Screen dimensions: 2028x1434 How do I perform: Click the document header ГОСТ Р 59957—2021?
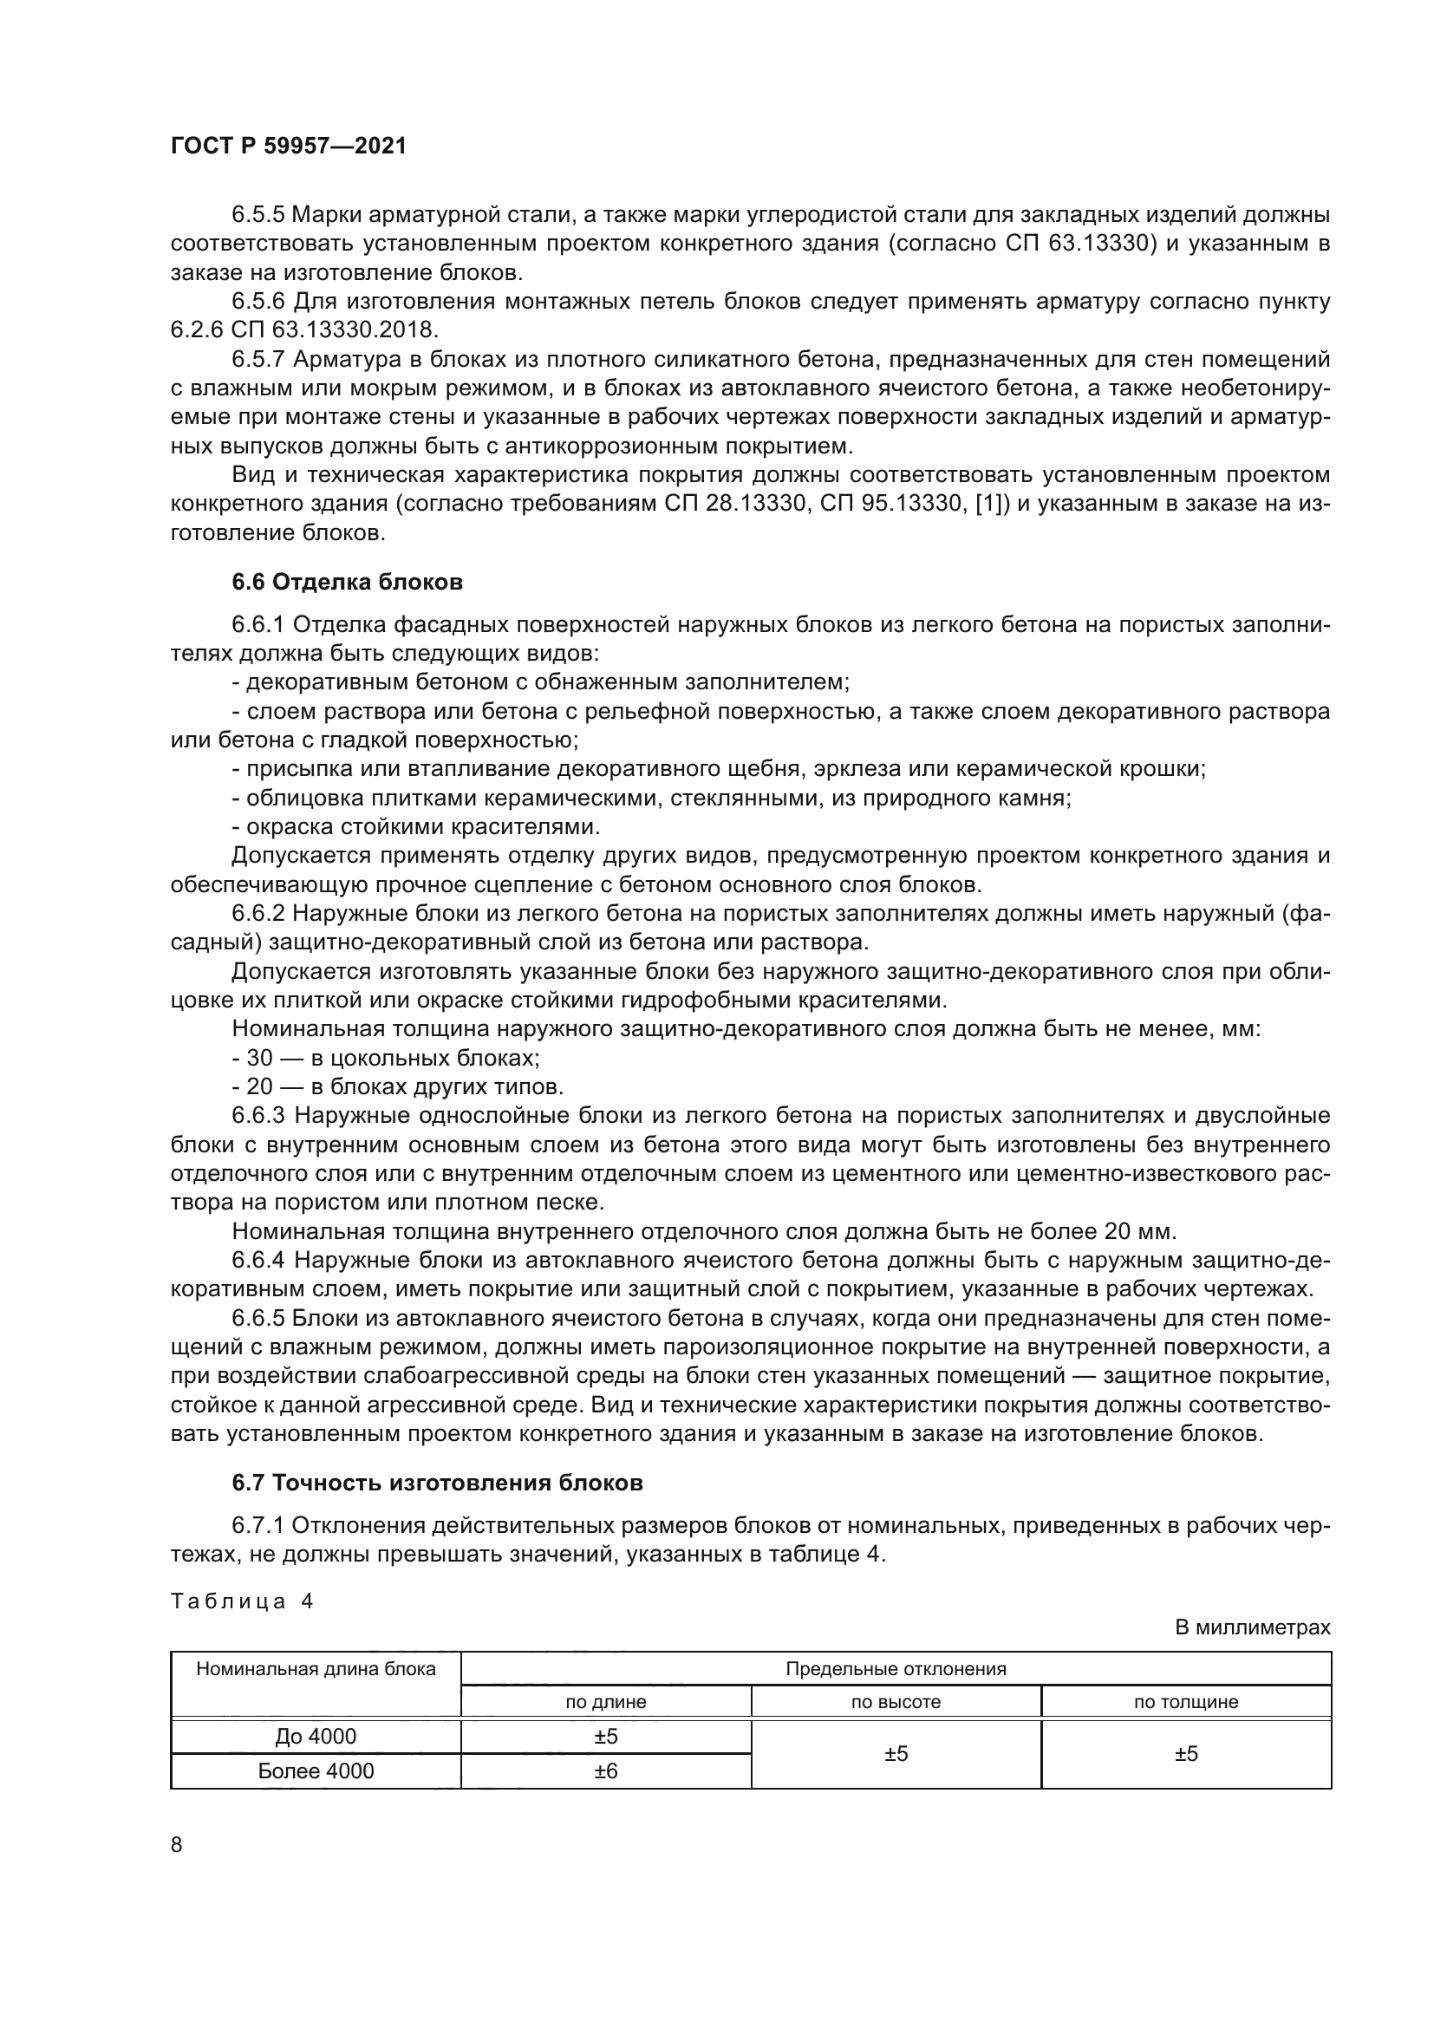click(288, 147)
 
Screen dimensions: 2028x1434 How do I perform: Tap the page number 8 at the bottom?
click(177, 1844)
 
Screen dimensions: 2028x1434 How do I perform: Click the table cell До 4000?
click(316, 1737)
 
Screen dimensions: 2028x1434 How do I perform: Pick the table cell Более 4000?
click(316, 1771)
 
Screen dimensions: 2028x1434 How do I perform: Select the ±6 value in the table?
click(606, 1771)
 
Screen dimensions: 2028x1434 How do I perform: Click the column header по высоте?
click(896, 1701)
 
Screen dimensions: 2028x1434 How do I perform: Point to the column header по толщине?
click(1186, 1701)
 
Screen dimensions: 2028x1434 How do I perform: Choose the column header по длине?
click(606, 1701)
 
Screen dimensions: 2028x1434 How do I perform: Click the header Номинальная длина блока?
click(316, 1668)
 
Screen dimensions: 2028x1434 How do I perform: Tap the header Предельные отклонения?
click(896, 1668)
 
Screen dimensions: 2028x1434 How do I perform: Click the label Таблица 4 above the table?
click(242, 1601)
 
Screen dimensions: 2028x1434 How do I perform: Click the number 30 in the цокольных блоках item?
click(259, 1058)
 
